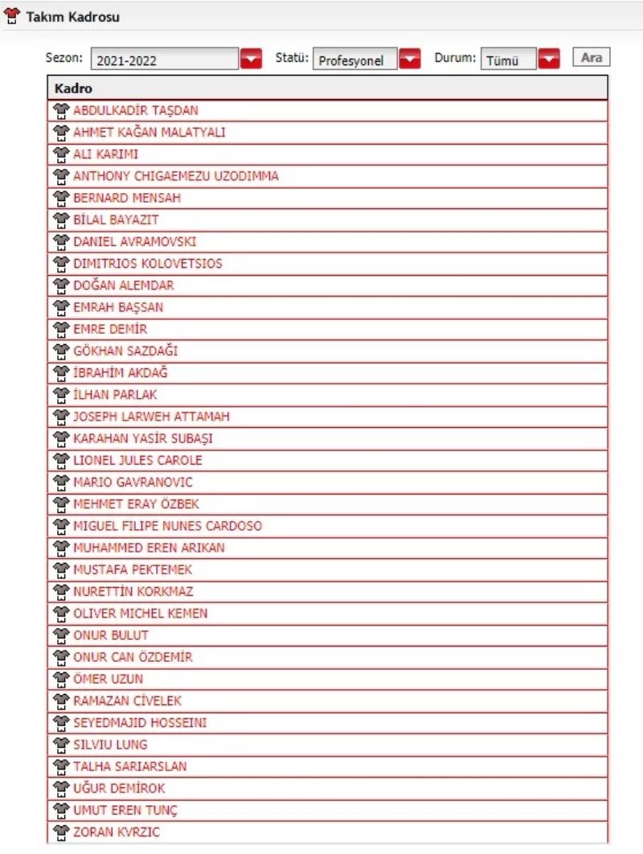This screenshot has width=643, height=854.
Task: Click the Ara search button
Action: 591,58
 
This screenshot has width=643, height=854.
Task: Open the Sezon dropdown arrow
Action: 252,60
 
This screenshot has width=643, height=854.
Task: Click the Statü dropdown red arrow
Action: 411,60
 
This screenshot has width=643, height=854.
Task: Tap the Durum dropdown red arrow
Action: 549,60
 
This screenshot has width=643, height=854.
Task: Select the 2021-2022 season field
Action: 165,60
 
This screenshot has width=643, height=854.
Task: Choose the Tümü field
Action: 508,60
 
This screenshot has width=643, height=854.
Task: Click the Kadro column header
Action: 73,88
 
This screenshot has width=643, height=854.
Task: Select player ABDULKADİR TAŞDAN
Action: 135,111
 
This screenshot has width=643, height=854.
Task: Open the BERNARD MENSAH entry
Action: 127,198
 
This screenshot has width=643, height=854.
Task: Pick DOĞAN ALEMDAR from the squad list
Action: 123,285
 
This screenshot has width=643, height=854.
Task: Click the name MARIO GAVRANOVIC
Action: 133,482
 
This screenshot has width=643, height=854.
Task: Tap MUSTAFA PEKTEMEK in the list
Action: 133,570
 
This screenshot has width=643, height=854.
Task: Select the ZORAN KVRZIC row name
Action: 117,832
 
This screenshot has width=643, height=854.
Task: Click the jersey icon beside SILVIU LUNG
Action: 62,745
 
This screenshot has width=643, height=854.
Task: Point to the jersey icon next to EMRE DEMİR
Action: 62,329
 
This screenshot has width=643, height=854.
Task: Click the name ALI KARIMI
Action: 105,154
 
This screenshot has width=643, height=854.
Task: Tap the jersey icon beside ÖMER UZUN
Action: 62,679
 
